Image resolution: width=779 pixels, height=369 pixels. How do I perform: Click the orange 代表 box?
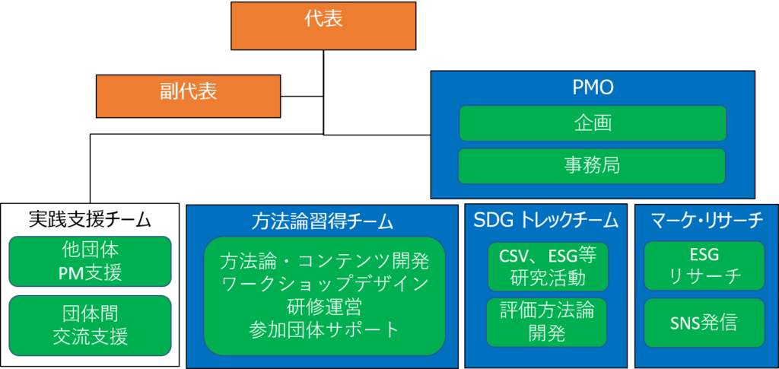pyautogui.click(x=323, y=26)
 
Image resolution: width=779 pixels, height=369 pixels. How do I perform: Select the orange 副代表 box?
pyautogui.click(x=189, y=97)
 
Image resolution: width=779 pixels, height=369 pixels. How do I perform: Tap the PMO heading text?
pyautogui.click(x=592, y=88)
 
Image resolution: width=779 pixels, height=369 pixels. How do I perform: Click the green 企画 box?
pyautogui.click(x=592, y=123)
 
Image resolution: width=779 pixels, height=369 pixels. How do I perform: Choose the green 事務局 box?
pyautogui.click(x=592, y=166)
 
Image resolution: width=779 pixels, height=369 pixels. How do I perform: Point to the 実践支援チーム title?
pyautogui.click(x=90, y=220)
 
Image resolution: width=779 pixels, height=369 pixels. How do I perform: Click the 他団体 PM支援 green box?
pyautogui.click(x=90, y=261)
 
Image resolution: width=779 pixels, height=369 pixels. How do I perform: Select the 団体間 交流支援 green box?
pyautogui.click(x=90, y=326)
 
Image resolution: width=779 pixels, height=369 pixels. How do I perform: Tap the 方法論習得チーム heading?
pyautogui.click(x=322, y=221)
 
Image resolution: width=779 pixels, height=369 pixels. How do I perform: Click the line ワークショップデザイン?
pyautogui.click(x=324, y=285)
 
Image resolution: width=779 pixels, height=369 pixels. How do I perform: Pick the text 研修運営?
pyautogui.click(x=324, y=307)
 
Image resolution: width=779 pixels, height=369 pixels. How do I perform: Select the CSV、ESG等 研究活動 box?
pyautogui.click(x=547, y=266)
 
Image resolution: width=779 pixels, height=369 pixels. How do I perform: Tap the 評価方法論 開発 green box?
pyautogui.click(x=547, y=322)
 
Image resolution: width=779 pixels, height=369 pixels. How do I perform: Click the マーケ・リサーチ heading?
pyautogui.click(x=707, y=221)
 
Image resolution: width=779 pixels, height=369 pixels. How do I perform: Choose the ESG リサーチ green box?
pyautogui.click(x=704, y=266)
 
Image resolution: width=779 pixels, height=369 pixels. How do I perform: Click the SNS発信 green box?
pyautogui.click(x=704, y=323)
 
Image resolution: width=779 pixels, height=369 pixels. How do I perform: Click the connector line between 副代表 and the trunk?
pyautogui.click(x=302, y=97)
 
